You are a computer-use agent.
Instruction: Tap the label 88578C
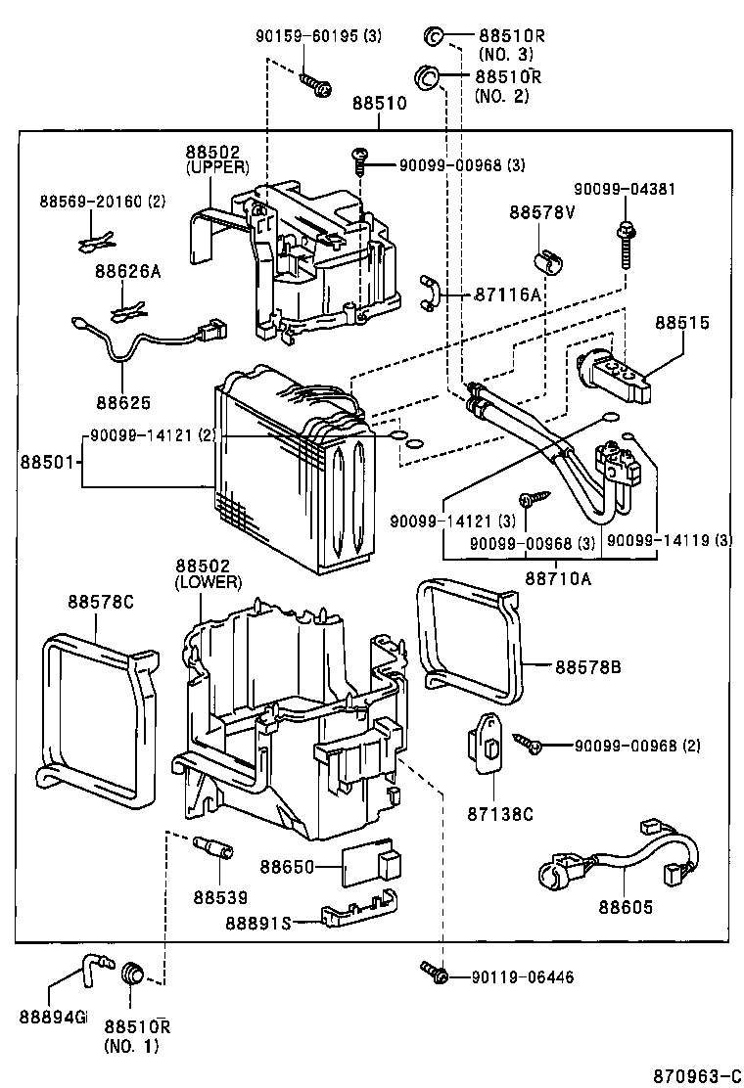100,601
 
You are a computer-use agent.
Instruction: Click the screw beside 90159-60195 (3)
313,84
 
